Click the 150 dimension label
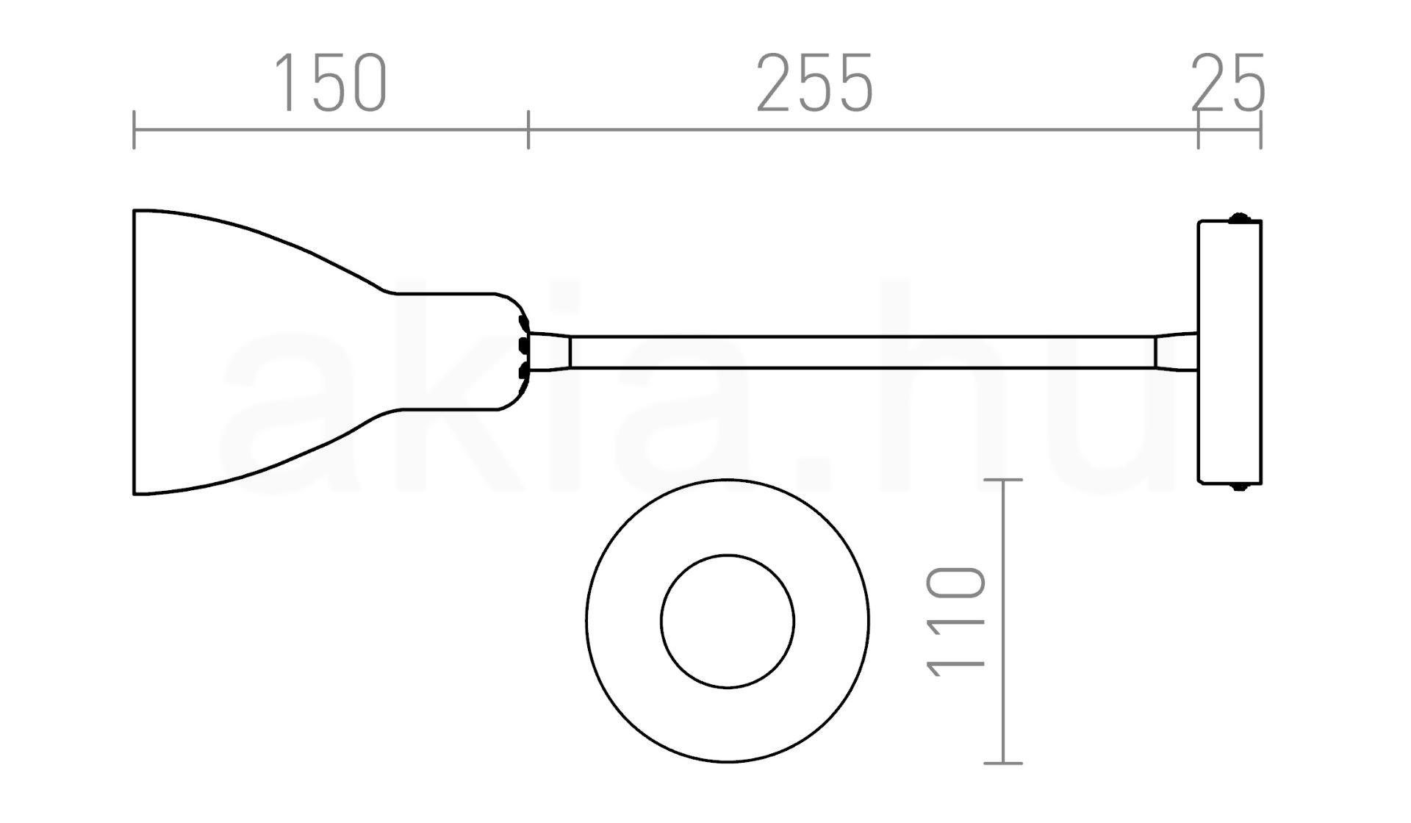330,83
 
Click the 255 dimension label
815,83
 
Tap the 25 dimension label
1228,83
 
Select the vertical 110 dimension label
955,622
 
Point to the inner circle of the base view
728,556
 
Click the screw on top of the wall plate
1240,217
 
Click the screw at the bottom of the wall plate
1240,486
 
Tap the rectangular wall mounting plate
1229,352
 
